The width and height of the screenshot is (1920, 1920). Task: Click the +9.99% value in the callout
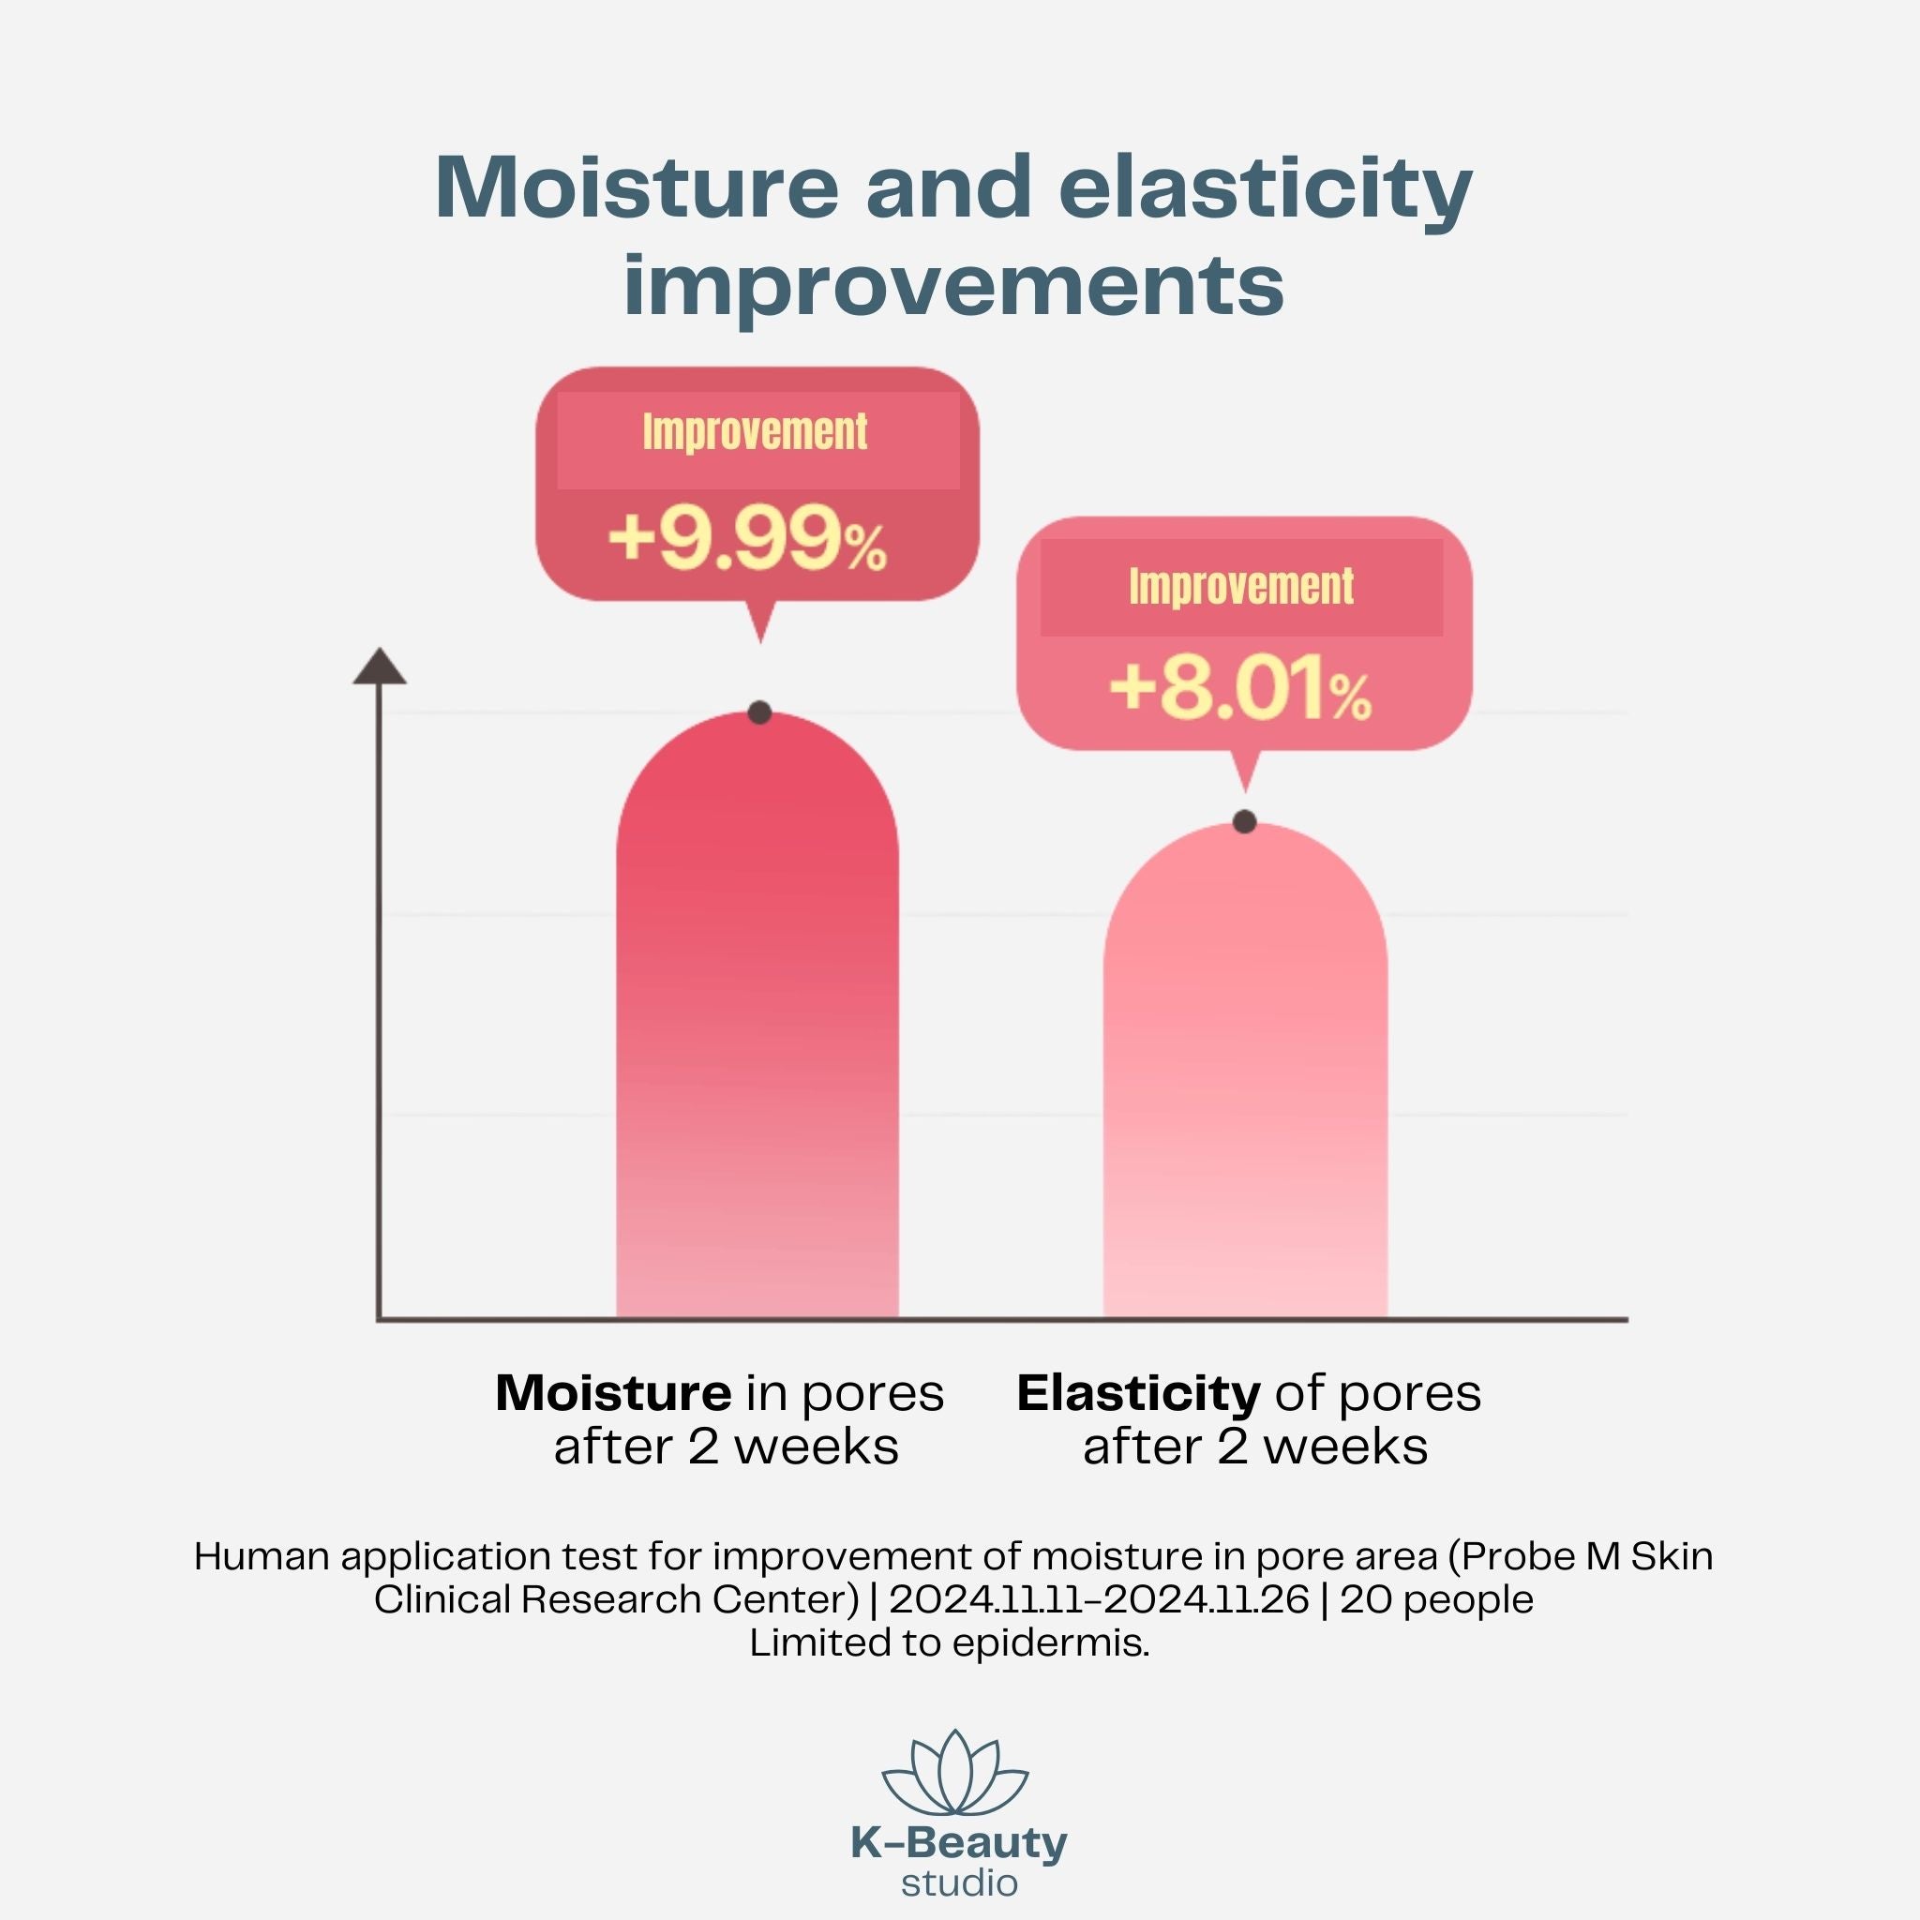[x=746, y=542]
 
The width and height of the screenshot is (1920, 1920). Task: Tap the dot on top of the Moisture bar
[x=759, y=712]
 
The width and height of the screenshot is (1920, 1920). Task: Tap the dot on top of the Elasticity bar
[x=1244, y=822]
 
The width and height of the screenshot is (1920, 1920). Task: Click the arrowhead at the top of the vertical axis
[x=380, y=667]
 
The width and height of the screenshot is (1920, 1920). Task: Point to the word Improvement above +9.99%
[x=755, y=432]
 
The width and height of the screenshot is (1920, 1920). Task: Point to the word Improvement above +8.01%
[x=1240, y=586]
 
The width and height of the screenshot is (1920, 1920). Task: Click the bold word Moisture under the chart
[x=613, y=1393]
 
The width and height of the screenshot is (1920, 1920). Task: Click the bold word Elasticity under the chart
[x=1138, y=1393]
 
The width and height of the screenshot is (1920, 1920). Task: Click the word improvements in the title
[x=953, y=285]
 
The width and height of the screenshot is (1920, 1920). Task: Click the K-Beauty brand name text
[x=959, y=1843]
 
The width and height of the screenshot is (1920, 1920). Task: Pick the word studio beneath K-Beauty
[x=959, y=1883]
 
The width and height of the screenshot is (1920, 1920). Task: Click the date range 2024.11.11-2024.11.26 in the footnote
[x=1098, y=1599]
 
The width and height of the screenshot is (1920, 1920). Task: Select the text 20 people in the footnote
[x=1436, y=1599]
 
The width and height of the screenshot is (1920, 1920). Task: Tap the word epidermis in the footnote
[x=1049, y=1642]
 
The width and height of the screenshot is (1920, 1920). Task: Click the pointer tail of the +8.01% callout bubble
[x=1245, y=772]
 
